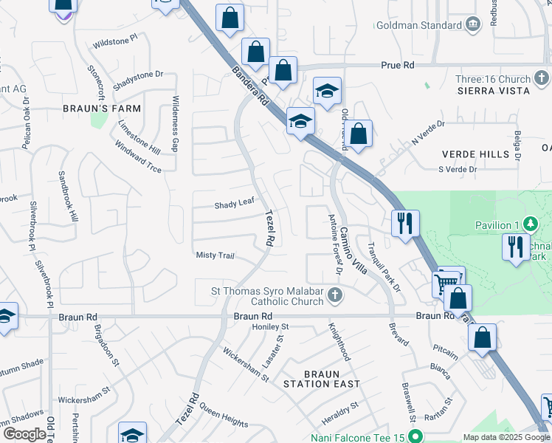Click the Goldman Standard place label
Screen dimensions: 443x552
419,25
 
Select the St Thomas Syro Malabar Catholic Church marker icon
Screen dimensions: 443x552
334,296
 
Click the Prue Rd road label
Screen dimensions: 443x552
398,66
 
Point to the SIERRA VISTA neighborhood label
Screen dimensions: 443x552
493,91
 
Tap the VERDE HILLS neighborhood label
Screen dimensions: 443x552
475,154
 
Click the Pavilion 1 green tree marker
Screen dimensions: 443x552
529,224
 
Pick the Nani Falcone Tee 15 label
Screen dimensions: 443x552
359,437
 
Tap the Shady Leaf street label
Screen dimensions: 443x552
234,205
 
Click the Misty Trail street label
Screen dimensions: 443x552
215,255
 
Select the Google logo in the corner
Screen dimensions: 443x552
24,434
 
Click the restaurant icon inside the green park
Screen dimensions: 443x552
514,247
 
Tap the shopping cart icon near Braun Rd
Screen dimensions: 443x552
446,281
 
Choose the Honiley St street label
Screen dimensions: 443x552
270,326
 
